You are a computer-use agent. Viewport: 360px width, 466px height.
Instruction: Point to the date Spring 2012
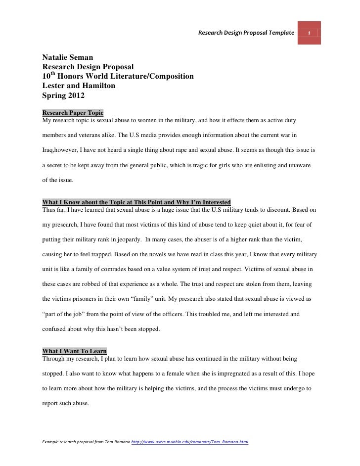pyautogui.click(x=64, y=94)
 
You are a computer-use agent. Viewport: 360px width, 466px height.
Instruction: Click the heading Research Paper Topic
pyautogui.click(x=73, y=113)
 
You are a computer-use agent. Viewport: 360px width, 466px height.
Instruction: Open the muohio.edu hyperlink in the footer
pyautogui.click(x=189, y=441)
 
